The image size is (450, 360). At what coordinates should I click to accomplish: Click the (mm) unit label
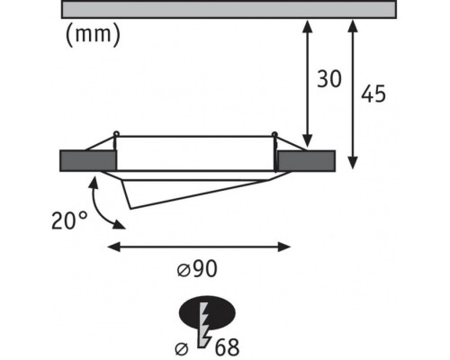[93, 34]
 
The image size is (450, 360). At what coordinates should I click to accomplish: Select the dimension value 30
[329, 79]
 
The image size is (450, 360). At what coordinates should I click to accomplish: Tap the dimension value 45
[373, 94]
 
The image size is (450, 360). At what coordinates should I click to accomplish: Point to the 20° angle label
[69, 220]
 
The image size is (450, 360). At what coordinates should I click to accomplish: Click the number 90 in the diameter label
[204, 268]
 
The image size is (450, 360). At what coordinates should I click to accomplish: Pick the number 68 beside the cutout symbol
[227, 347]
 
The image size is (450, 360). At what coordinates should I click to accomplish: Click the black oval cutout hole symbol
[207, 312]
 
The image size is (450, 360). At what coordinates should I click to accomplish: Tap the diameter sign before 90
[184, 271]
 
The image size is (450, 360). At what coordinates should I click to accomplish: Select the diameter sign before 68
[182, 349]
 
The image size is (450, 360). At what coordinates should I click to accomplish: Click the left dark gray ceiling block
[88, 161]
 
